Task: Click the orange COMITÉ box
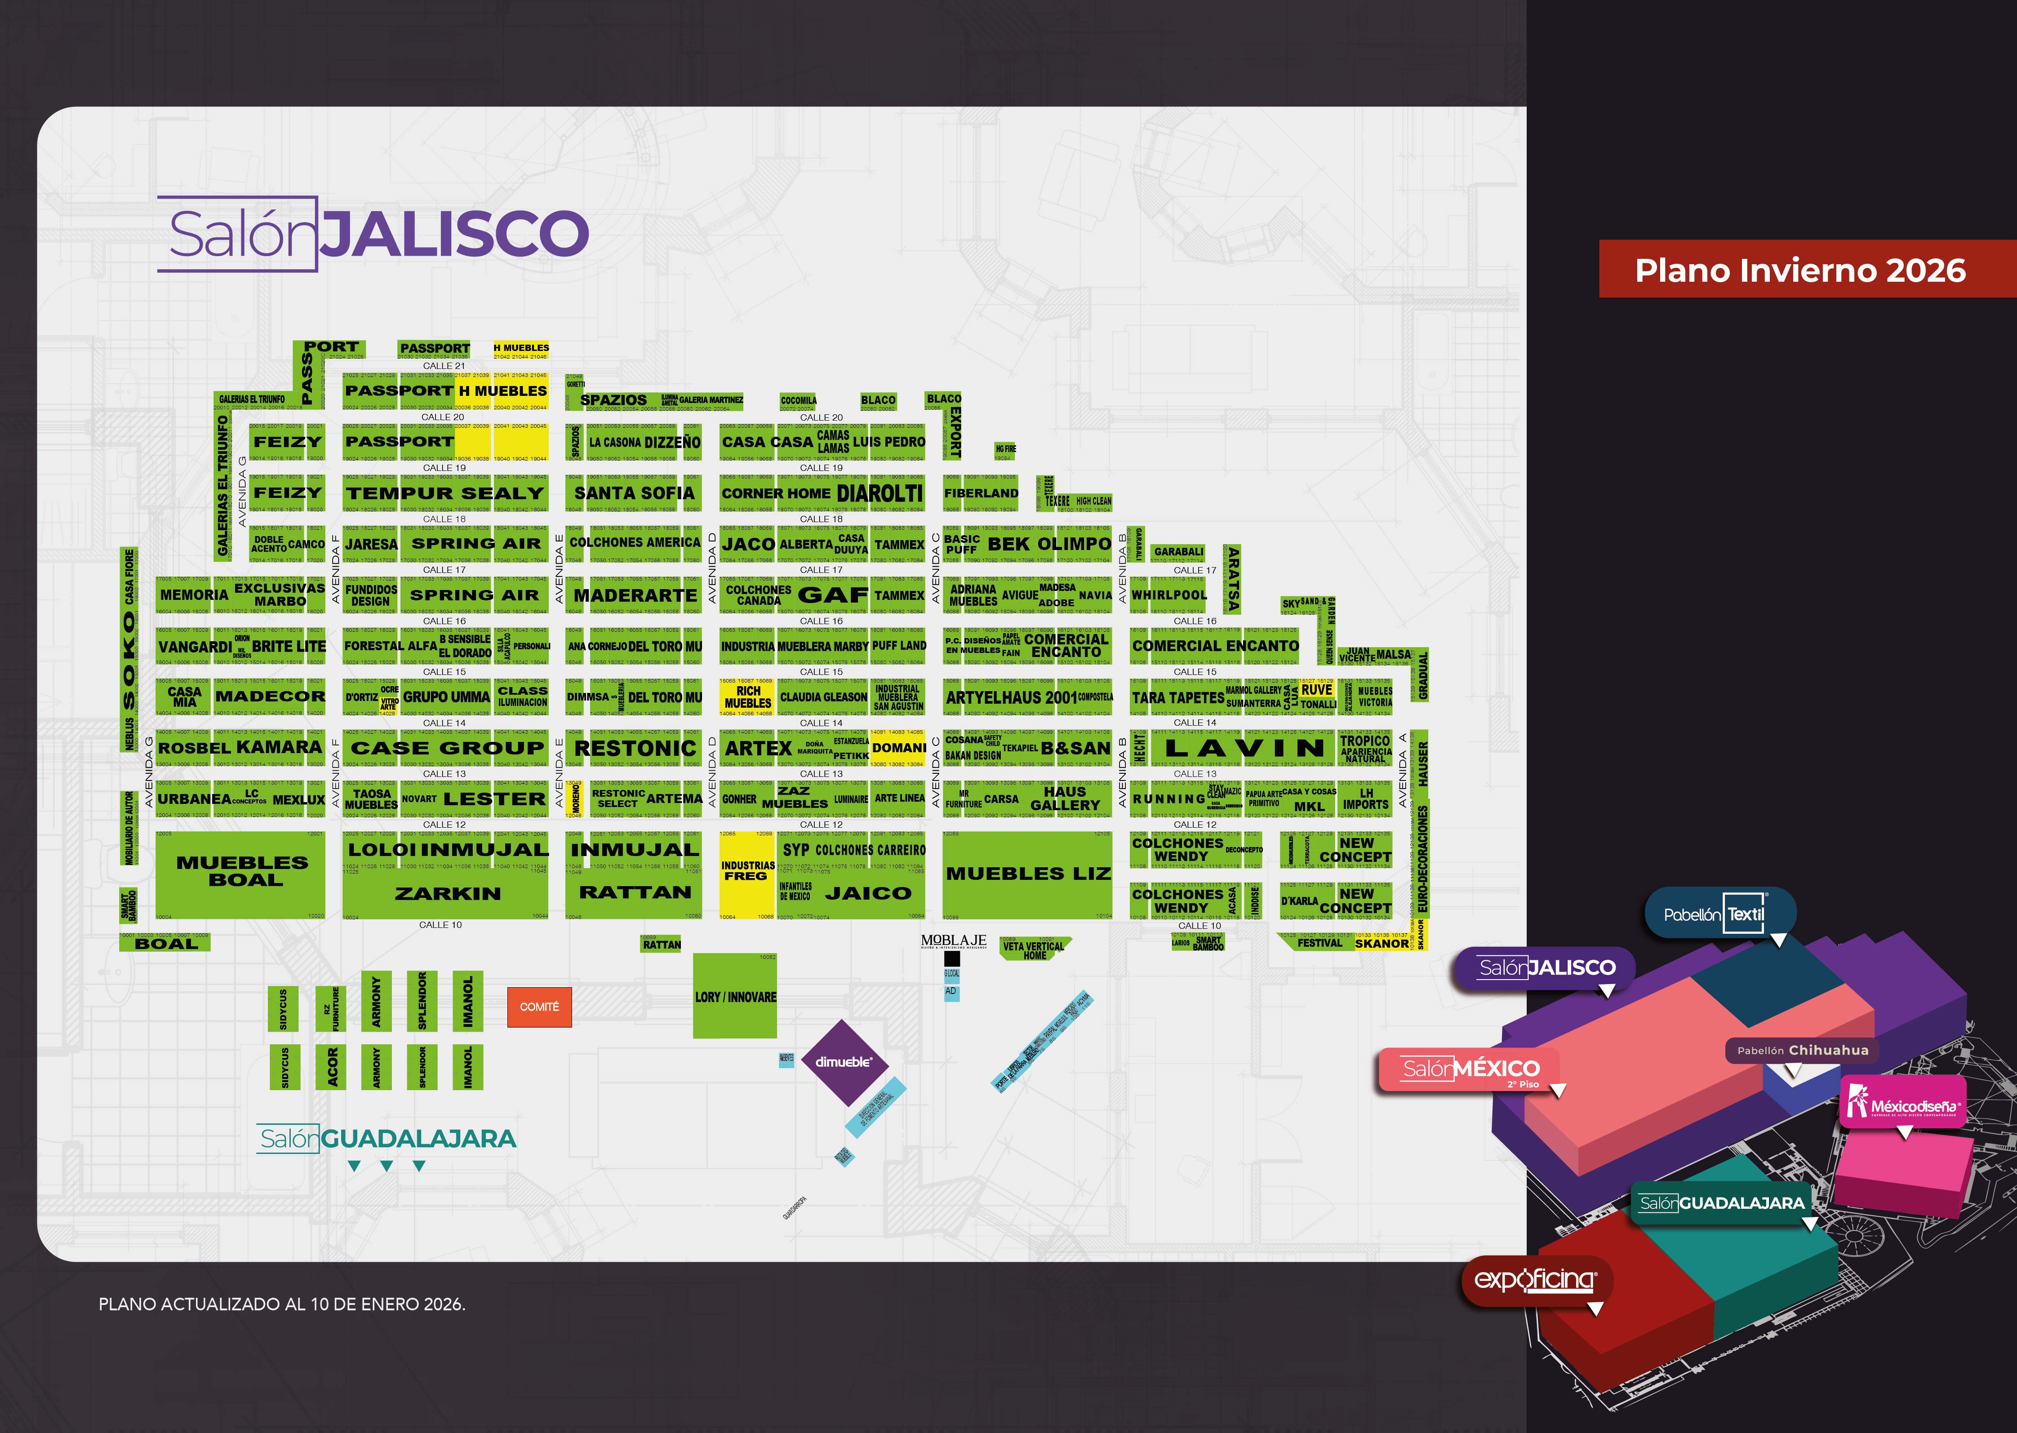(x=539, y=1007)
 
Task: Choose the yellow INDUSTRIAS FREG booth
(x=746, y=872)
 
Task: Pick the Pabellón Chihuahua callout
(x=1802, y=1050)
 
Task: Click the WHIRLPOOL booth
(x=1169, y=595)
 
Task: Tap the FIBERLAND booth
(x=980, y=493)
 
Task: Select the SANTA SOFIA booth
(x=635, y=493)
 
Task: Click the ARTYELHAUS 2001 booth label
(x=1011, y=697)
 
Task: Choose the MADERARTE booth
(x=635, y=595)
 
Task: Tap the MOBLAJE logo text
(x=953, y=941)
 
